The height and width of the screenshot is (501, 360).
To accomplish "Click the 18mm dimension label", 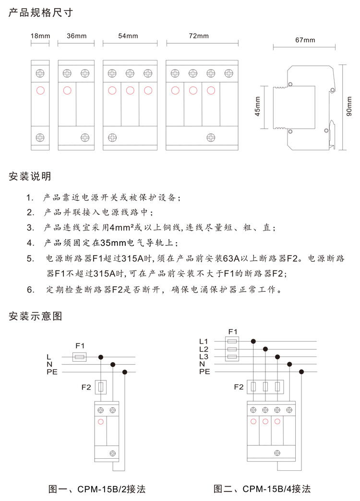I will tap(40, 36).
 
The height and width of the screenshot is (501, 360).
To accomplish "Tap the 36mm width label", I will tap(77, 36).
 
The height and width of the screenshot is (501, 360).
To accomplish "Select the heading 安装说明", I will tap(30, 176).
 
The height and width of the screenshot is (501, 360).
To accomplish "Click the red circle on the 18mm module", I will tap(40, 90).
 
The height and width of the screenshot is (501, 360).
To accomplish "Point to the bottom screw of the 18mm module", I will tap(40, 137).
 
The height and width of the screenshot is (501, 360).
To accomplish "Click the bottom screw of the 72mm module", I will tap(210, 137).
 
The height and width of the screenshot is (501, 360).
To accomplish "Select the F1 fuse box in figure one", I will tap(79, 357).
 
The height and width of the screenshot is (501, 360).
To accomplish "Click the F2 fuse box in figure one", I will tap(101, 387).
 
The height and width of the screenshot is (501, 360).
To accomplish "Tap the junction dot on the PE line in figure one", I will tap(125, 372).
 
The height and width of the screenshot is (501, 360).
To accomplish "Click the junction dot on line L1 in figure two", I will tap(253, 342).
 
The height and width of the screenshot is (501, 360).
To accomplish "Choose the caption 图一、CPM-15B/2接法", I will tap(97, 489).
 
